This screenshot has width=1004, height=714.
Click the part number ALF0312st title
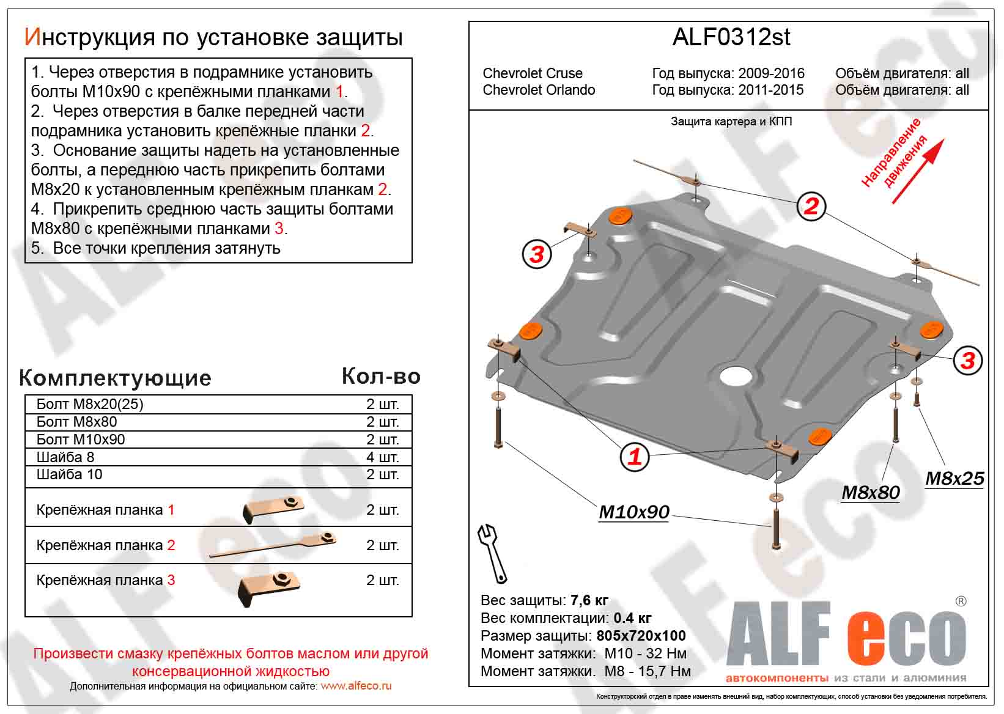tap(731, 37)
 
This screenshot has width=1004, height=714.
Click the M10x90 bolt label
tap(633, 512)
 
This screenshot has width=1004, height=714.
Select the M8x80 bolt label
tap(870, 492)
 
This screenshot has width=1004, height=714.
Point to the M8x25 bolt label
tap(954, 478)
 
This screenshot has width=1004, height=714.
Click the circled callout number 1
tap(635, 456)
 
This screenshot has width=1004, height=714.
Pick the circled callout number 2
tap(811, 205)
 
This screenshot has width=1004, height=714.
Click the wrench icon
tap(492, 553)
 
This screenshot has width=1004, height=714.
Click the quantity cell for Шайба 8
tap(382, 457)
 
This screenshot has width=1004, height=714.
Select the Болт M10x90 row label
tap(81, 440)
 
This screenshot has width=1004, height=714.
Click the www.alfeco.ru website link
tap(356, 686)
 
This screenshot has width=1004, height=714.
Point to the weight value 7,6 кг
tap(589, 600)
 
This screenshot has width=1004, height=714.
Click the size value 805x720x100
tap(641, 636)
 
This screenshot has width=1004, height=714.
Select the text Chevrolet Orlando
tap(539, 90)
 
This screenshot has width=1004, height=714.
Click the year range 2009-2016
tap(771, 73)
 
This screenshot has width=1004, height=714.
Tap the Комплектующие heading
tap(115, 378)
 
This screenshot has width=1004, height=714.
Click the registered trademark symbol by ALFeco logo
tap(961, 602)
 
